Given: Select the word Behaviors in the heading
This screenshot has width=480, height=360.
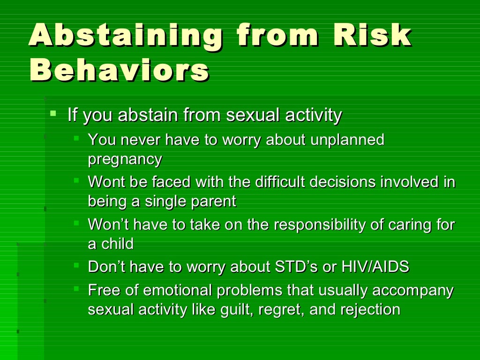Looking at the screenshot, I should [x=119, y=71].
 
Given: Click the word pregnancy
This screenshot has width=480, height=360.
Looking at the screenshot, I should [x=125, y=159].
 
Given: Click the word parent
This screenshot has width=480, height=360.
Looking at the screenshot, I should [x=215, y=201].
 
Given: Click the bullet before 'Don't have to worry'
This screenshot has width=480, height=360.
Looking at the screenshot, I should [x=76, y=265].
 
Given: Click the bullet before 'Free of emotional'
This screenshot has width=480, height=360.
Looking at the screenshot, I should [x=76, y=289].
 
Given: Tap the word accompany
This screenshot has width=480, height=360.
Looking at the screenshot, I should [x=412, y=291].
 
